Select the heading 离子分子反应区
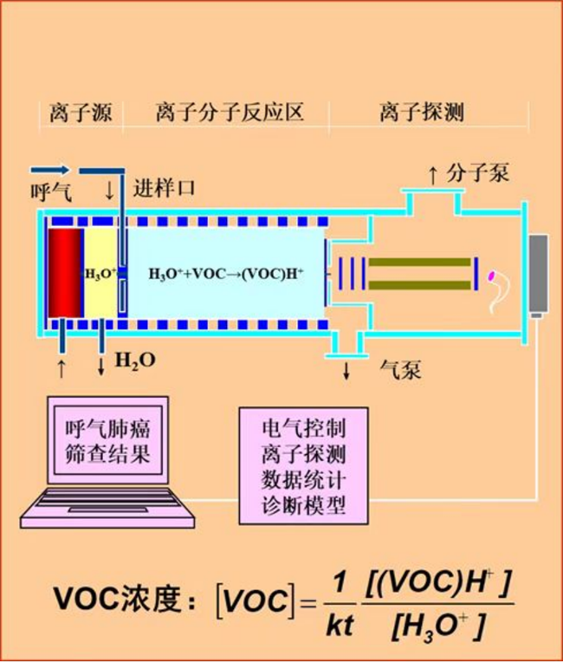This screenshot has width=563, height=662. pyautogui.click(x=230, y=113)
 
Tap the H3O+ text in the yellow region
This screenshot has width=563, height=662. pyautogui.click(x=100, y=274)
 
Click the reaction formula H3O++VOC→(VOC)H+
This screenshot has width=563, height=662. pyautogui.click(x=226, y=274)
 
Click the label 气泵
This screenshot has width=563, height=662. pyautogui.click(x=401, y=371)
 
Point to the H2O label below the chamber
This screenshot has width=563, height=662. pyautogui.click(x=136, y=360)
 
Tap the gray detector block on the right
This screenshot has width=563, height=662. pyautogui.click(x=539, y=273)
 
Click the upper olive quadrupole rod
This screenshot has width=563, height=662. pyautogui.click(x=419, y=262)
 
